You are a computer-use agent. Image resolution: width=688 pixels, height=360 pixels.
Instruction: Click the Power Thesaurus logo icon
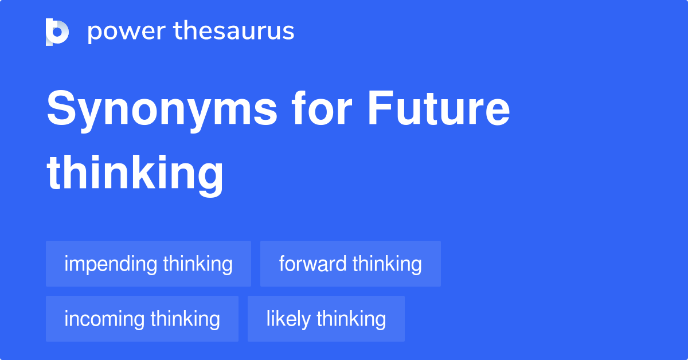coord(57,32)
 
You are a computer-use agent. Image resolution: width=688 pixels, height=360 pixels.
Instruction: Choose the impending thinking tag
coord(148,264)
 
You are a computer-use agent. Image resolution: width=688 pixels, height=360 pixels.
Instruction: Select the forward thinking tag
coord(350,264)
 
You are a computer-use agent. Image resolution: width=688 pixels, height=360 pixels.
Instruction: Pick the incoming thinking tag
coord(142,319)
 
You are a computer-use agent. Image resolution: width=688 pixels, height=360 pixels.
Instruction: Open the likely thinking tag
coord(326,319)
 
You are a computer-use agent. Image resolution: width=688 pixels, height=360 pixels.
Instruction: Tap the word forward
coord(312,264)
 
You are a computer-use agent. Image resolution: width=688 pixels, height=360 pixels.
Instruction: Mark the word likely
coord(288,319)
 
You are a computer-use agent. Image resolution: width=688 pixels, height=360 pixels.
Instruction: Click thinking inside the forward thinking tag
coord(387,264)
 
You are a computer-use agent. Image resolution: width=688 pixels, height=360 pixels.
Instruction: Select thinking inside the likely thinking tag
coord(351,319)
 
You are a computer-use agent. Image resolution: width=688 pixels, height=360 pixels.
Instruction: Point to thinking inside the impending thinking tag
coord(198,264)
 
